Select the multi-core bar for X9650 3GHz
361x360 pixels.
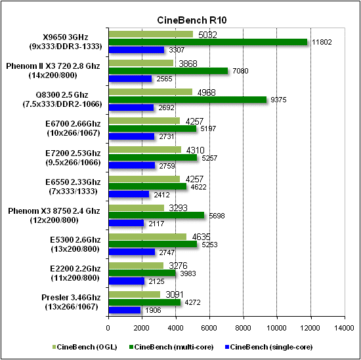click(x=207, y=42)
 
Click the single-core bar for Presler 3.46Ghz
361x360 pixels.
click(x=124, y=310)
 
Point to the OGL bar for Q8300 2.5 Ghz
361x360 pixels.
click(x=150, y=92)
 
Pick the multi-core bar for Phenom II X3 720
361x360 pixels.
click(x=167, y=71)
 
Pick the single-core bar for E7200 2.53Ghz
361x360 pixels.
click(x=131, y=165)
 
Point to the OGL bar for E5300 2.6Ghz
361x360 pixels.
click(x=147, y=237)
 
